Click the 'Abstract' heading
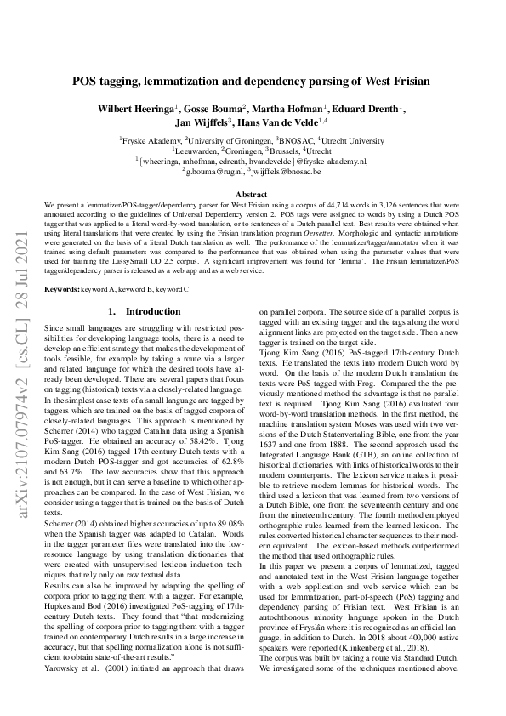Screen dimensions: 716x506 (x=252, y=195)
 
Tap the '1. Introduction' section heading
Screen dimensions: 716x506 (x=140, y=288)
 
